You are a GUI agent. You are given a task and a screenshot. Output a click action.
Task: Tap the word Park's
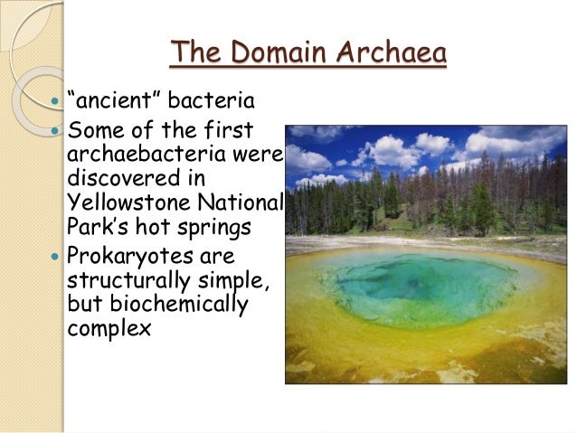click(99, 224)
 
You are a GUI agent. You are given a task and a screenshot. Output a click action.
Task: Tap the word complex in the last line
click(109, 326)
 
